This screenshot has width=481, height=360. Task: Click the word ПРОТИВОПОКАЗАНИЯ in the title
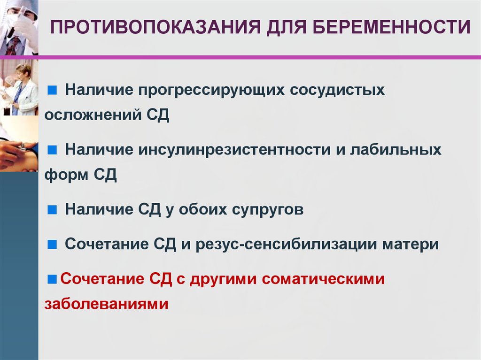click(155, 27)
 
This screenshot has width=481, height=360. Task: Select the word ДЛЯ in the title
click(287, 27)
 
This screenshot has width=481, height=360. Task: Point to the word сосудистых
click(337, 90)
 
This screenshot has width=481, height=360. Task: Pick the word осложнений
click(93, 115)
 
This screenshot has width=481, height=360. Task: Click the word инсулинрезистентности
click(235, 150)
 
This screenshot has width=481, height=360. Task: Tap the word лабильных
click(396, 150)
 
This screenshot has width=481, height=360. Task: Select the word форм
click(66, 175)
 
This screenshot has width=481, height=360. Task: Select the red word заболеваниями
click(107, 304)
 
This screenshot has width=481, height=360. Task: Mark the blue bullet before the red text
click(52, 279)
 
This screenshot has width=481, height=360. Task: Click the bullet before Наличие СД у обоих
click(52, 210)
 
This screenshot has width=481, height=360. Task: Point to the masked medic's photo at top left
click(19, 28)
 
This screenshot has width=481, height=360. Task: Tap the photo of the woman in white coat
click(19, 87)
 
